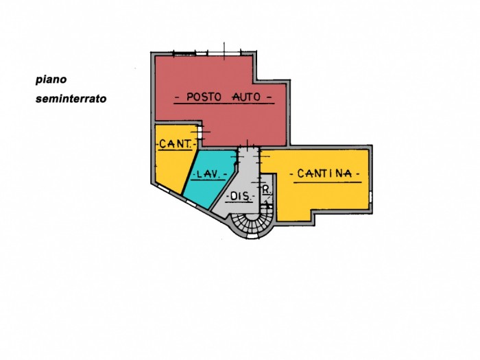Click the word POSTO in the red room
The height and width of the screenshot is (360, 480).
pyautogui.click(x=204, y=97)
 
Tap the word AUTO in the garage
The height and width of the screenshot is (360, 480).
pyautogui.click(x=246, y=97)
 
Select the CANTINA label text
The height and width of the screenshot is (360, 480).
pyautogui.click(x=324, y=173)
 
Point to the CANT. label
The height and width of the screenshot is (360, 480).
pyautogui.click(x=175, y=143)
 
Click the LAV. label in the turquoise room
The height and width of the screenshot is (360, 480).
pyautogui.click(x=208, y=174)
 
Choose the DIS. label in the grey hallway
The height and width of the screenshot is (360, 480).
pyautogui.click(x=240, y=196)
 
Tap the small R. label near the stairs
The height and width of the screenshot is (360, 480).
pyautogui.click(x=267, y=190)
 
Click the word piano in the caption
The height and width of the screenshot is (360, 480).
pyautogui.click(x=51, y=80)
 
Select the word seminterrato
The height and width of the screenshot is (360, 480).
pyautogui.click(x=71, y=99)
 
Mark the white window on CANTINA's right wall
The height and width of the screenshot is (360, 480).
pyautogui.click(x=370, y=197)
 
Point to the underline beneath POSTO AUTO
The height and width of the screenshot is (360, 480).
pyautogui.click(x=224, y=104)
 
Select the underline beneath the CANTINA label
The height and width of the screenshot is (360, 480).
pyautogui.click(x=328, y=182)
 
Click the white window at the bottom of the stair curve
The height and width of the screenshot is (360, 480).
pyautogui.click(x=252, y=237)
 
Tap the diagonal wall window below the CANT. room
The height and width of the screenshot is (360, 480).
pyautogui.click(x=163, y=189)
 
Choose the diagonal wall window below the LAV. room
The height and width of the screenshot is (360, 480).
pyautogui.click(x=191, y=203)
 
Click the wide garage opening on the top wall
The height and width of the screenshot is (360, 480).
pyautogui.click(x=224, y=53)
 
